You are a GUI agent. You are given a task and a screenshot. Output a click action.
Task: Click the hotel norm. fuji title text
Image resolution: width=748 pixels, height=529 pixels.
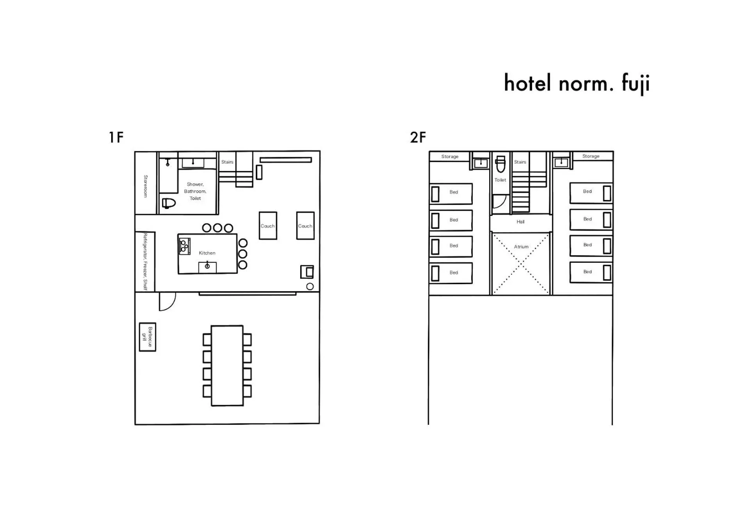(577, 84)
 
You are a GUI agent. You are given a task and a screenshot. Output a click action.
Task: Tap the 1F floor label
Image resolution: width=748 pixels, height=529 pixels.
(116, 137)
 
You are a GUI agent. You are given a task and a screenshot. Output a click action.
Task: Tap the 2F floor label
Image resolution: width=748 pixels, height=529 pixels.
(418, 137)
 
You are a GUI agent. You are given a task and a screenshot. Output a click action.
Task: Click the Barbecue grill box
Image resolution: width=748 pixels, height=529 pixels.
(148, 337)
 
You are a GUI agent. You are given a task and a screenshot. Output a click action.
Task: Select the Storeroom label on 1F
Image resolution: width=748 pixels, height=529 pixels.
(145, 186)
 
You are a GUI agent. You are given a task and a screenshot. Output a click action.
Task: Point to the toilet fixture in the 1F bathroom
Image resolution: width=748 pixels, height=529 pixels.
(169, 203)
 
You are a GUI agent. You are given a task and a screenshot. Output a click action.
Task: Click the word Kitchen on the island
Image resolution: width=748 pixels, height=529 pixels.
(207, 253)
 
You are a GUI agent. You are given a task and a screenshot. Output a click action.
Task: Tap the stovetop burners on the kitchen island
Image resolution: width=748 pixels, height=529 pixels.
(184, 246)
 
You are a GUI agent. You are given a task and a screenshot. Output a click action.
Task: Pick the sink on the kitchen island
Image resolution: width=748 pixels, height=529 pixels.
(207, 267)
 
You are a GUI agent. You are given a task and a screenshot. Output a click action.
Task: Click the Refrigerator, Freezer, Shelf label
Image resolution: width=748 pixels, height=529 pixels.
(145, 262)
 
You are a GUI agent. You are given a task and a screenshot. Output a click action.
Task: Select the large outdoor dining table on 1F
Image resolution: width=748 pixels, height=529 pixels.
(227, 366)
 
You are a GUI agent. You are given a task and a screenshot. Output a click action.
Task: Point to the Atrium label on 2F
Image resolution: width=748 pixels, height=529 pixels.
(521, 247)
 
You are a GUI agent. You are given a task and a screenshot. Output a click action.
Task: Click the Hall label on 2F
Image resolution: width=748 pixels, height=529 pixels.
(520, 222)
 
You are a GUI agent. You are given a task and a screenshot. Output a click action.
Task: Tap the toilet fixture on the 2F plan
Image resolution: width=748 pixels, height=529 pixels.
(500, 164)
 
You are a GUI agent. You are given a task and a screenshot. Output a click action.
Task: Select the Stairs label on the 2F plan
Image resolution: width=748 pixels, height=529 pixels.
(520, 162)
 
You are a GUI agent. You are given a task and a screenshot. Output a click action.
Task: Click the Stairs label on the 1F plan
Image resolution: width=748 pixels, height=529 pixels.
(227, 162)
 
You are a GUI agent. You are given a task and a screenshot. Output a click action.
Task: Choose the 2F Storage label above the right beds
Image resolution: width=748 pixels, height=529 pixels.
(590, 156)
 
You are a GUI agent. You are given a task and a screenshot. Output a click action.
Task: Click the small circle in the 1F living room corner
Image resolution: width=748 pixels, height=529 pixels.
(310, 287)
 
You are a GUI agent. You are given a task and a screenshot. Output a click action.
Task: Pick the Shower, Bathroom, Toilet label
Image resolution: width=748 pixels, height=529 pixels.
(195, 191)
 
